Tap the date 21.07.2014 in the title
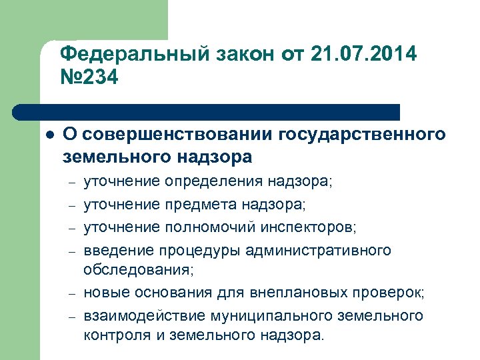[x=364, y=53]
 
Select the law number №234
[x=89, y=78]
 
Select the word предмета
[x=199, y=204]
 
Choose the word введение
[x=112, y=251]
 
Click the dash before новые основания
[x=71, y=293]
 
